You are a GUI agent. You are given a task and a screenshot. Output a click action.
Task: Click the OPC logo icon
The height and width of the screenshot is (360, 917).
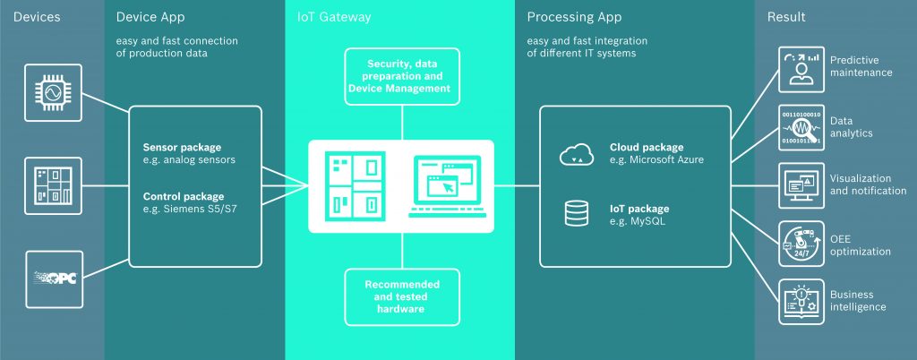click(53, 279)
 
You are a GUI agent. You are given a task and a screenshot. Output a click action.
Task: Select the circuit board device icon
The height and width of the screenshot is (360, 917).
click(53, 186)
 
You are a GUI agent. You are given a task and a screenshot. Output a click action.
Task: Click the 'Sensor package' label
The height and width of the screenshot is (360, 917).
click(182, 147)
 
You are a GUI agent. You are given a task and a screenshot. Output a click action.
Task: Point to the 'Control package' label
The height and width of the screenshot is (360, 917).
click(184, 196)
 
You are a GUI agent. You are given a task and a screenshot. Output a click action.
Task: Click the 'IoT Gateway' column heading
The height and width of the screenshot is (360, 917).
click(333, 17)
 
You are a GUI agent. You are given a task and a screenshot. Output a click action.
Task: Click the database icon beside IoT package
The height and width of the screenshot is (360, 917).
click(575, 213)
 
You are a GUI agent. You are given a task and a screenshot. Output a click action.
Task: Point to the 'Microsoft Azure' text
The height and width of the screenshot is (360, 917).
click(656, 159)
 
